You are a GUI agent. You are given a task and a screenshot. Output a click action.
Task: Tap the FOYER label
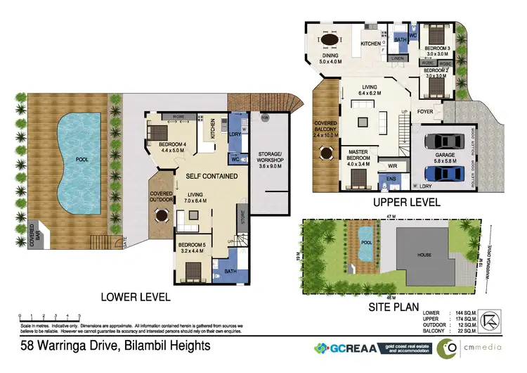point(425,111)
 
